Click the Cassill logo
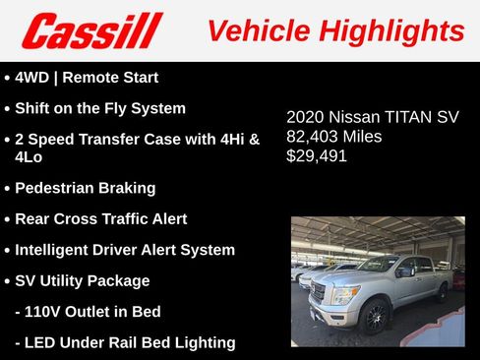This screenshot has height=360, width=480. (91, 30)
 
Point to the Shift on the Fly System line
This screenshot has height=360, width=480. (100, 108)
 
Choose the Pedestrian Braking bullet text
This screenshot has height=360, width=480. (86, 187)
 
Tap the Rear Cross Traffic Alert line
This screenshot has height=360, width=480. (101, 218)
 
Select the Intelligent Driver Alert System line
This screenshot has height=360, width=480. (125, 250)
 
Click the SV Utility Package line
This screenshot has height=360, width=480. (83, 280)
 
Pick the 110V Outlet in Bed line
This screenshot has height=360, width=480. (88, 312)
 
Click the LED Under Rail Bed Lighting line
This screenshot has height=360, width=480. (125, 342)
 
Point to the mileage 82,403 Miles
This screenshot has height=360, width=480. (333, 137)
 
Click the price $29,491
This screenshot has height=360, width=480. (317, 155)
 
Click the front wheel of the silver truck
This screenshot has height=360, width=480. (375, 317)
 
